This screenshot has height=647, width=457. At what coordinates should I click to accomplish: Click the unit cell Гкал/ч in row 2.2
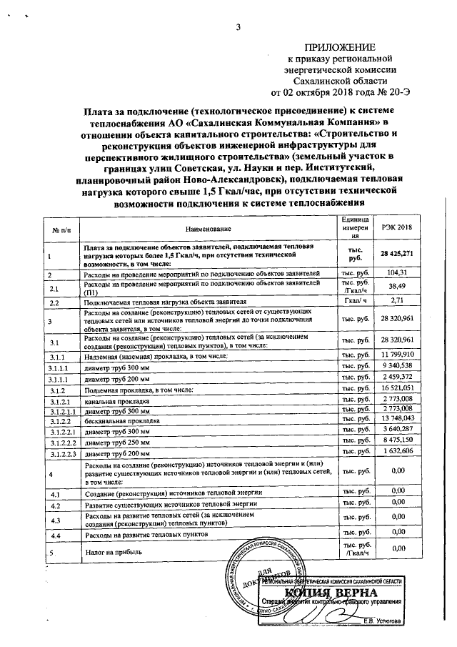(x=355, y=300)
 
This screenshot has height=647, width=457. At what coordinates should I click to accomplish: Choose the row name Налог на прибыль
(x=115, y=552)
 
